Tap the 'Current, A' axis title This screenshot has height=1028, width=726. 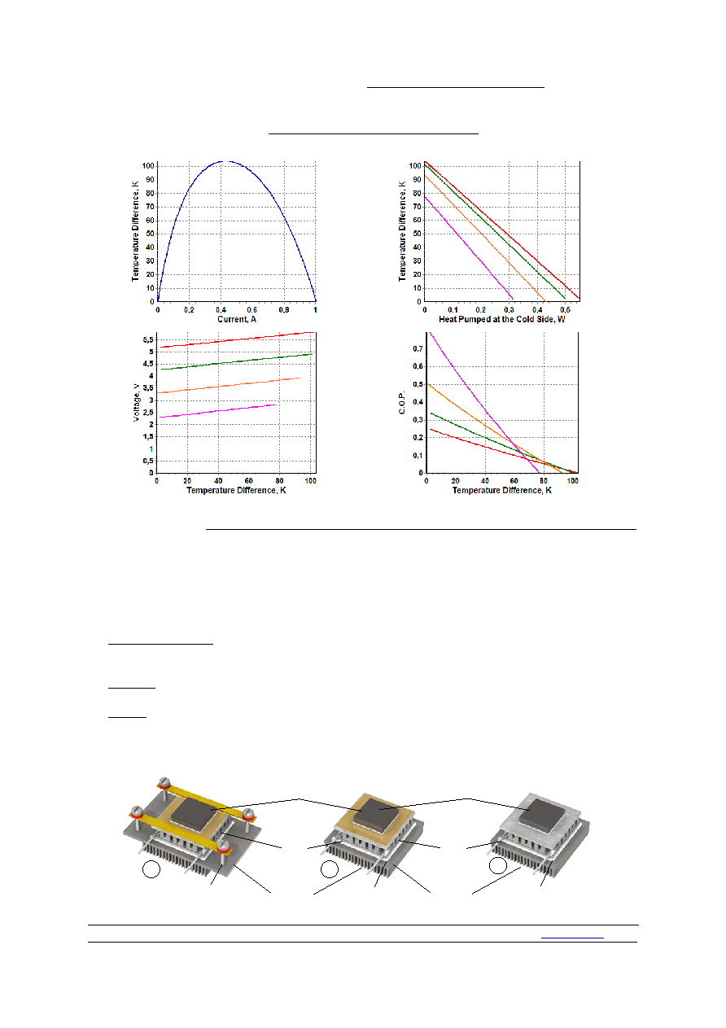click(x=236, y=319)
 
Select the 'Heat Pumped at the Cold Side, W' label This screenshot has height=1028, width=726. click(x=501, y=319)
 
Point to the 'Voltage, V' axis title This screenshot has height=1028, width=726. click(x=136, y=402)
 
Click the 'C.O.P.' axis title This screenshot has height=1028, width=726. click(x=402, y=402)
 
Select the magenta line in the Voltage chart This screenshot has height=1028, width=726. click(x=218, y=411)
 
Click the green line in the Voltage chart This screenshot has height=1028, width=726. click(x=237, y=361)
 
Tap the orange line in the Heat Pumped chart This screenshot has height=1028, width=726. click(x=484, y=238)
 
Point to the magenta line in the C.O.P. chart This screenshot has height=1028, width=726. click(x=484, y=402)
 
